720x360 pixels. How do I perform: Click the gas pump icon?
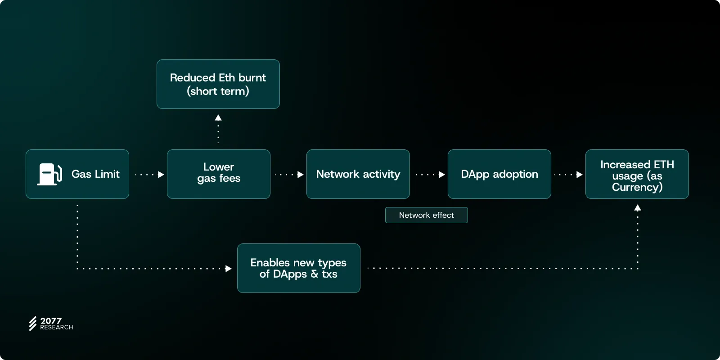(x=49, y=174)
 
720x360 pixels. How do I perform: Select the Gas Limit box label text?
(x=95, y=174)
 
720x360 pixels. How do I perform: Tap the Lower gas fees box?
(x=219, y=174)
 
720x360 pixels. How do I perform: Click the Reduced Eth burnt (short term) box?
(x=218, y=84)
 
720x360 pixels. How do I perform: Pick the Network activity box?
(x=358, y=174)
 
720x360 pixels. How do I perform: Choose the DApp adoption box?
(x=499, y=174)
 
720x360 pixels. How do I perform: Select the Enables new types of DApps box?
(x=298, y=268)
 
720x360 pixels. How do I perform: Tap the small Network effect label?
(x=427, y=215)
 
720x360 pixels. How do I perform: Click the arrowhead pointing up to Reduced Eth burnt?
(x=218, y=118)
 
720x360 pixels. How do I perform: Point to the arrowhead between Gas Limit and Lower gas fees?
(x=161, y=175)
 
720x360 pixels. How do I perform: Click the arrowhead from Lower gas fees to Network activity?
(x=300, y=175)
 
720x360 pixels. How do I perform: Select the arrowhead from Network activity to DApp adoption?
(x=441, y=175)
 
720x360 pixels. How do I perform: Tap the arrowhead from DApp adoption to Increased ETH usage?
(x=579, y=175)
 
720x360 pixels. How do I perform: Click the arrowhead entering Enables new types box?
(x=228, y=269)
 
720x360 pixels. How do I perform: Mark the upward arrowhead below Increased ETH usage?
(x=638, y=208)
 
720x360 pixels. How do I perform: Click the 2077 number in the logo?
(x=51, y=320)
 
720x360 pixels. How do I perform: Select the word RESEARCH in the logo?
(x=57, y=328)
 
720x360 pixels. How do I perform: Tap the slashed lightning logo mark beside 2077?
(x=32, y=324)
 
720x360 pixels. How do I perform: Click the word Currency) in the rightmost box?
(x=637, y=187)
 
